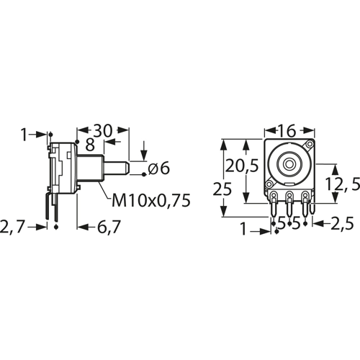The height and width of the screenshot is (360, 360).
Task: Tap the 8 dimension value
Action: coord(89,145)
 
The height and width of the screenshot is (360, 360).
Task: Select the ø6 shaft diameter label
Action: coord(158,169)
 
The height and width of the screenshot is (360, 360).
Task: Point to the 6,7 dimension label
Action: coord(109,227)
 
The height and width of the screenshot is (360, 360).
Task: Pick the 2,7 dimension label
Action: coord(16,227)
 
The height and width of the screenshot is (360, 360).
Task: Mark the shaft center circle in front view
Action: coord(289,163)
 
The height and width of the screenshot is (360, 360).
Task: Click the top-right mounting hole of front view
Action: coord(309,146)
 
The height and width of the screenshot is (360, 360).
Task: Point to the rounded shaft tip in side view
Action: coord(125,169)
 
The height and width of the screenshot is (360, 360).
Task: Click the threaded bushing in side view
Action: coord(92,170)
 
